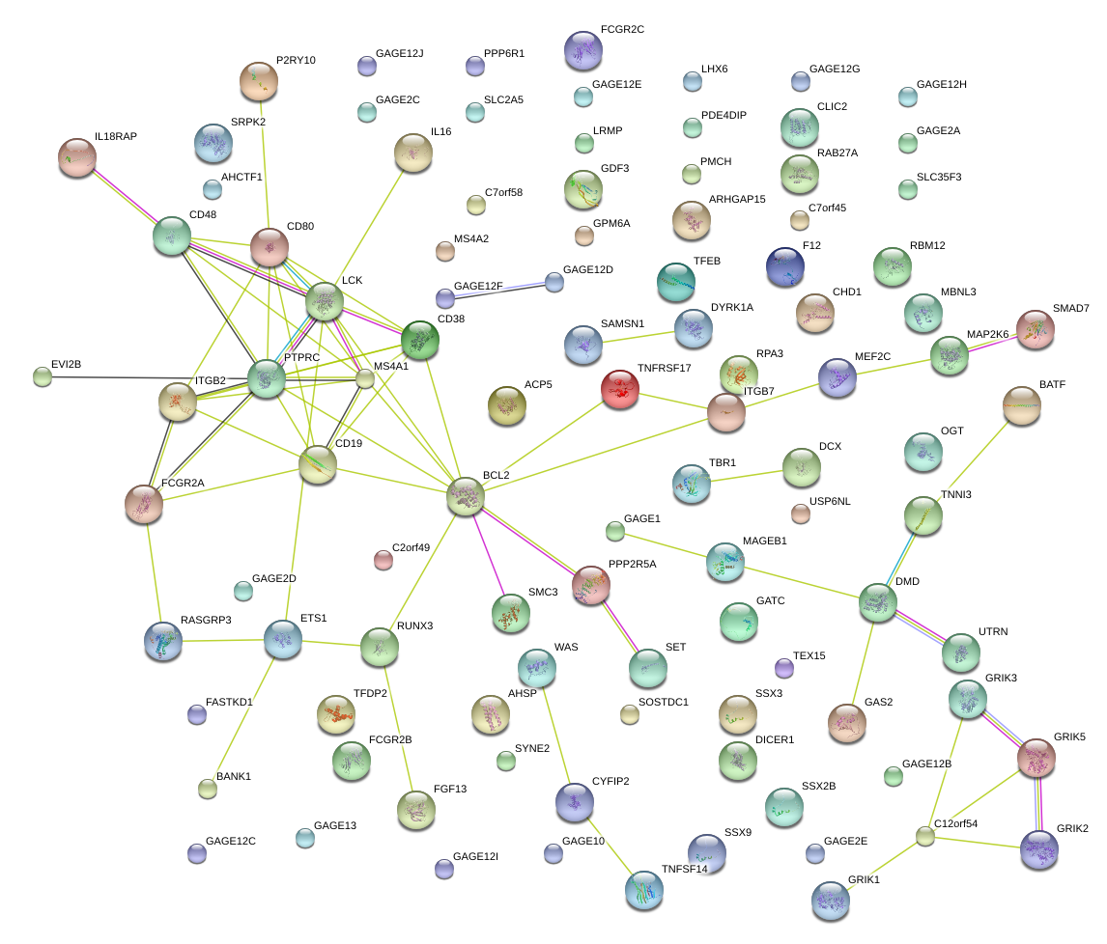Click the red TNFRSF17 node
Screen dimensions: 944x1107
[x=619, y=389]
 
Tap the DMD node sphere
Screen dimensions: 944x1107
[x=878, y=602]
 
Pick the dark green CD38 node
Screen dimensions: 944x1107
[x=420, y=340]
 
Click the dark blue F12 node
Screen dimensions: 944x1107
[x=784, y=266]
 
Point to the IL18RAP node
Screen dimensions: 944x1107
[x=77, y=157]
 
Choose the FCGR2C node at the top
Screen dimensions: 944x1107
[x=582, y=50]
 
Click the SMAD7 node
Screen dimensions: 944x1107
[x=1036, y=329]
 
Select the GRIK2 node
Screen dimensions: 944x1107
[x=1039, y=849]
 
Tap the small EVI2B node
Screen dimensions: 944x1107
[x=43, y=376]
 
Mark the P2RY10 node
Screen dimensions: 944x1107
[x=259, y=82]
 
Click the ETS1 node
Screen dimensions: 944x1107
[x=283, y=639]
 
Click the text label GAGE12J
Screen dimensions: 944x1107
[x=400, y=53]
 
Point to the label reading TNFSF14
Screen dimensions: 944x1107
[x=685, y=868]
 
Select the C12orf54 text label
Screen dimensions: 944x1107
[x=956, y=823]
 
